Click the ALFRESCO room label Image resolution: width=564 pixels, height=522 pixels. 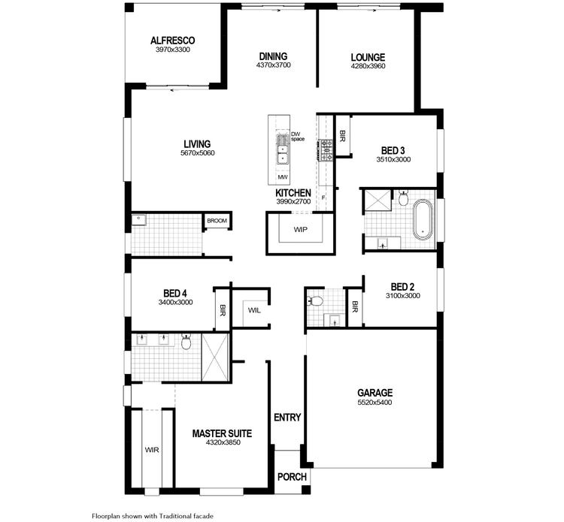coord(173,40)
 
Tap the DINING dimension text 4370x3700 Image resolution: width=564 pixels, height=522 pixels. coord(273,65)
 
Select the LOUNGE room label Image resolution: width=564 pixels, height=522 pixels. coord(368,57)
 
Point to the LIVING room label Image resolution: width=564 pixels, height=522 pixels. coord(198,143)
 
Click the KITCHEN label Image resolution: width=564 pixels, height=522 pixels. coord(293,193)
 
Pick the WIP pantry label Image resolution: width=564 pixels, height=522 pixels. coord(301,229)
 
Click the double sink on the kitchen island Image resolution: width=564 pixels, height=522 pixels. coord(283,149)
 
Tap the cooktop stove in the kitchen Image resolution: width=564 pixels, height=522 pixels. coord(328,151)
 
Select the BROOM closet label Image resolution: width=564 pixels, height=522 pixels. coord(217,221)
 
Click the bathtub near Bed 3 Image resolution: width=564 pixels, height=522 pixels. coord(423,219)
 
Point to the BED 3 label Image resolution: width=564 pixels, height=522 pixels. coord(393,150)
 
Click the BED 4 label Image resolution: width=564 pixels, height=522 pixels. coord(176,293)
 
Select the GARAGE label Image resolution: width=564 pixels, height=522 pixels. coord(374,392)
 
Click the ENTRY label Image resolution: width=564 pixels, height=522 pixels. coord(287,418)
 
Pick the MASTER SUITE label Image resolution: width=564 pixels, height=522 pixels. coord(222,433)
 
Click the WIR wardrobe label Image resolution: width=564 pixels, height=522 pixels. coord(152,451)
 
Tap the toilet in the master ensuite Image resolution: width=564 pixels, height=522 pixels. coord(186,342)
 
